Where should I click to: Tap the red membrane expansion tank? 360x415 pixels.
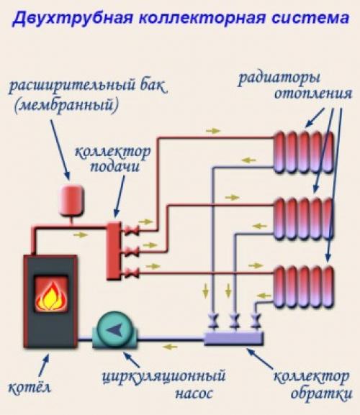tap(71, 201)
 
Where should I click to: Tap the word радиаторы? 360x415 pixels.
tap(281, 78)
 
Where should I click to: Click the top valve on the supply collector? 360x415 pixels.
tap(134, 231)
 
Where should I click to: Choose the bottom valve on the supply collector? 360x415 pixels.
tap(134, 271)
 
